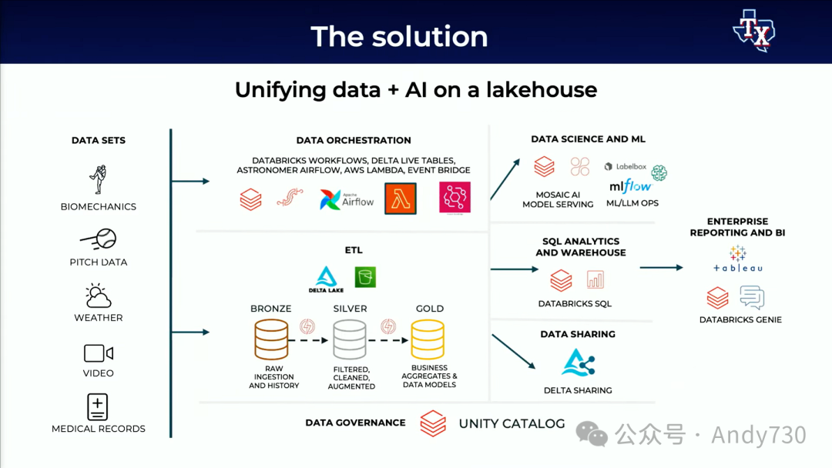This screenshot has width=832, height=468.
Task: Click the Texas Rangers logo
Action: (x=753, y=31)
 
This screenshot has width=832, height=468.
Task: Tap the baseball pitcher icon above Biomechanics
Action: (x=98, y=179)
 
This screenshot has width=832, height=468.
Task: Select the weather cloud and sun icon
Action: (x=99, y=296)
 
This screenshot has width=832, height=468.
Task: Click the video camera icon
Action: (x=99, y=353)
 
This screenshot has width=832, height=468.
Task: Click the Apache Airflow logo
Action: (x=347, y=199)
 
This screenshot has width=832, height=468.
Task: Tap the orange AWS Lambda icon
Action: (x=401, y=199)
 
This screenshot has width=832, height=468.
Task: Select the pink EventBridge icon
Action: (x=455, y=198)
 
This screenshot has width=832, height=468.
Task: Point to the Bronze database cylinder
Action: (x=271, y=339)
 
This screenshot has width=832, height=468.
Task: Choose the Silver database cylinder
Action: (x=350, y=339)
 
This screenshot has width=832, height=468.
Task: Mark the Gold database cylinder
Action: (x=428, y=339)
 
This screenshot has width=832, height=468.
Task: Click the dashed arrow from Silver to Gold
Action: (x=388, y=339)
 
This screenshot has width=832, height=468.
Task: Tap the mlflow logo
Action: (x=630, y=186)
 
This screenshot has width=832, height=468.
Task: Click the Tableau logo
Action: (x=737, y=259)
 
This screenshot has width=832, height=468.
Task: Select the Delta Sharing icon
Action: (x=578, y=363)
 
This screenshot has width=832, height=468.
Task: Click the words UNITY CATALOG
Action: (x=512, y=423)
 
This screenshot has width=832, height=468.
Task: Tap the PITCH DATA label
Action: (x=99, y=262)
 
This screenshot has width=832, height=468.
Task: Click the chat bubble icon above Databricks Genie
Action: (x=752, y=297)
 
